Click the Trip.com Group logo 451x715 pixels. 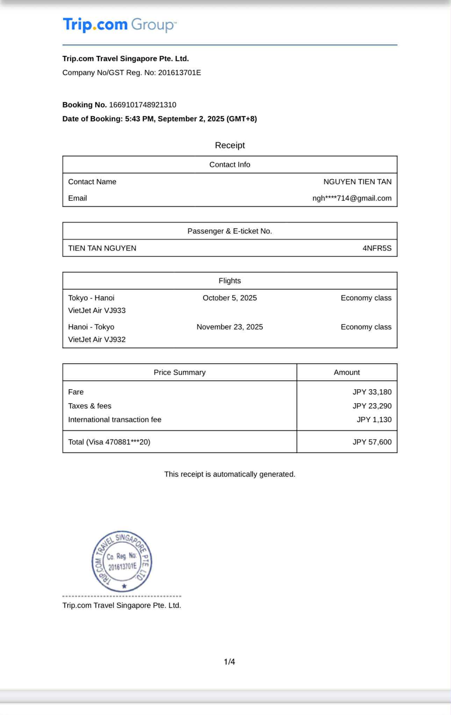point(120,25)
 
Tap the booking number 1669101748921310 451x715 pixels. point(143,105)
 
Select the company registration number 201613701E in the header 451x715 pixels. point(179,73)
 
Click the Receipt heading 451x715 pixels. point(230,145)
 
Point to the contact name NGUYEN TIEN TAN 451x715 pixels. point(357,182)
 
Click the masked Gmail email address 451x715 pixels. point(352,198)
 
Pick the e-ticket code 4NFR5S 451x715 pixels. point(377,248)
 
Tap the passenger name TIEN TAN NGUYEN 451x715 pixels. point(102,248)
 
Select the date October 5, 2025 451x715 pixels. point(230,298)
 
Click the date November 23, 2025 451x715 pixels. point(230,327)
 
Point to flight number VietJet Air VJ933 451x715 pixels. point(97,311)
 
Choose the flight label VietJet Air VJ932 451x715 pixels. point(97,340)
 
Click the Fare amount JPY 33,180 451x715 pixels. point(372,392)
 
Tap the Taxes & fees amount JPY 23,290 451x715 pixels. point(372,406)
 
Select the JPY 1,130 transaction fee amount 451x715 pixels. point(374,420)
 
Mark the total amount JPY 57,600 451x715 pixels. point(372,442)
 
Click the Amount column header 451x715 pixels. point(346,373)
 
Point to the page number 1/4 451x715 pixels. point(229,662)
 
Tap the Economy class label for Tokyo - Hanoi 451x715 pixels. point(366,298)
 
